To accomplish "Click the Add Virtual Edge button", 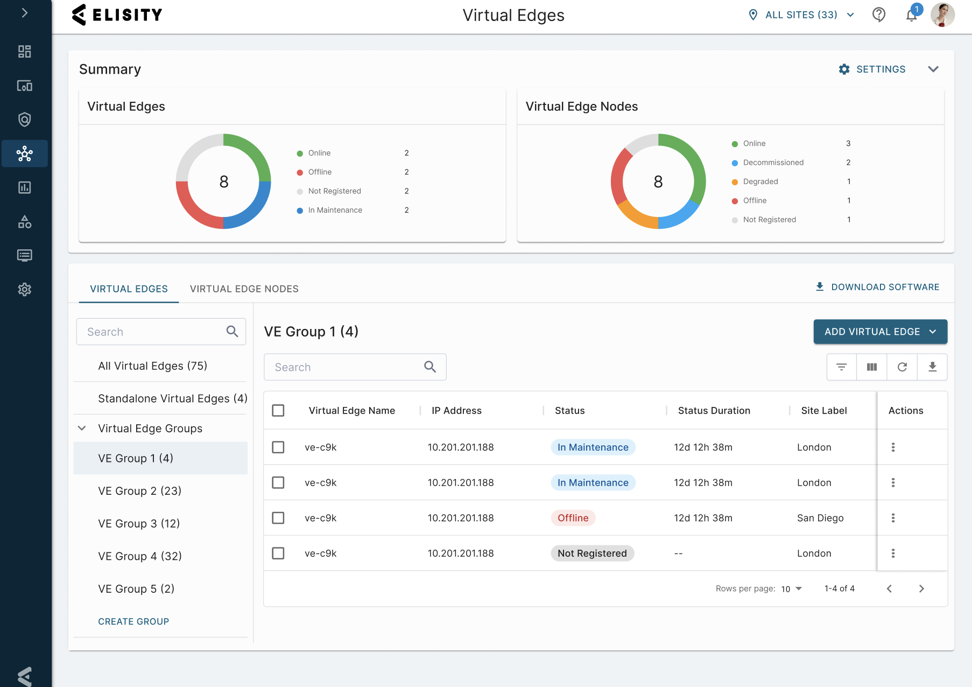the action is click(880, 332).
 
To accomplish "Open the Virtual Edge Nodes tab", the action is click(244, 289).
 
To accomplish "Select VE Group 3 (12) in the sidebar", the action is click(139, 523).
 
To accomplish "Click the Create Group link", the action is click(133, 621).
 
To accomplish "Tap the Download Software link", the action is click(877, 287).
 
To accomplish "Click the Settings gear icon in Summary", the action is click(844, 69).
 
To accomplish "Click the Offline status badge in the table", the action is click(573, 518).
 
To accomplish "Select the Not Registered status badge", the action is click(592, 553).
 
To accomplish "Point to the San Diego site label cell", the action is click(820, 518).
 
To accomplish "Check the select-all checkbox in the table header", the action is click(278, 411).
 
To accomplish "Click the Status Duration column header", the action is click(714, 411).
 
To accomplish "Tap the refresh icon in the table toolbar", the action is click(902, 367).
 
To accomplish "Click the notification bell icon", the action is click(911, 16).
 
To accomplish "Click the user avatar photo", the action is click(942, 15).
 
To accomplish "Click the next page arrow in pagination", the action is click(921, 588).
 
